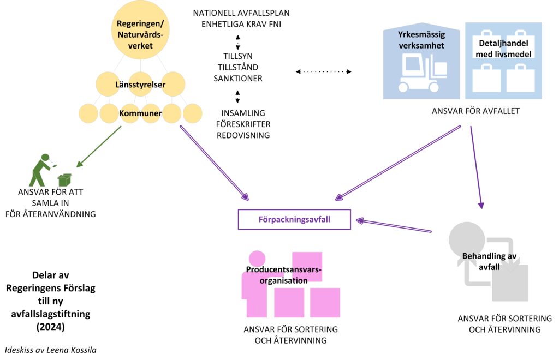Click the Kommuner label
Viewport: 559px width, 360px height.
pyautogui.click(x=141, y=113)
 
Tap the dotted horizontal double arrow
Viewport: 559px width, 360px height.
pyautogui.click(x=323, y=71)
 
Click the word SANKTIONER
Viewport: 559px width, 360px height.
pyautogui.click(x=238, y=79)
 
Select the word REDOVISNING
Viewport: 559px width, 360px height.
pyautogui.click(x=243, y=135)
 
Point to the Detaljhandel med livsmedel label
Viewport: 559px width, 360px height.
pyautogui.click(x=502, y=49)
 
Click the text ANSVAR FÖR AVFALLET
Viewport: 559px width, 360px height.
pyautogui.click(x=475, y=111)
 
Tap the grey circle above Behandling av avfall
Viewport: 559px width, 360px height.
pyautogui.click(x=466, y=239)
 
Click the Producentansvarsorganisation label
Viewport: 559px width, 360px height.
pyautogui.click(x=284, y=275)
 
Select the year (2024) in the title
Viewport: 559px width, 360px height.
pyautogui.click(x=50, y=327)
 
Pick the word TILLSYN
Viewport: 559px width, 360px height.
pyautogui.click(x=238, y=56)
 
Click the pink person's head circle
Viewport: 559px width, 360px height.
pyautogui.click(x=257, y=259)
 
